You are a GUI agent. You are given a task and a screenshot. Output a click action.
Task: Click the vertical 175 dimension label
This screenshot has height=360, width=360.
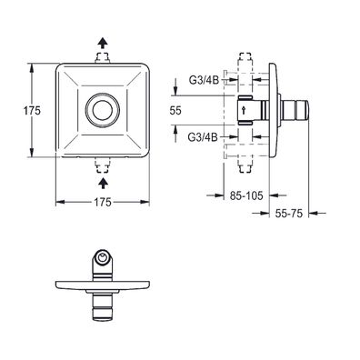pos(32,111)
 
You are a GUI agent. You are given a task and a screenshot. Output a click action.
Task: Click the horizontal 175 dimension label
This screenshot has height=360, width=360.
pos(102,202)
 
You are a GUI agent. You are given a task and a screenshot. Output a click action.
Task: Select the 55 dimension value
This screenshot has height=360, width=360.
pos(175,111)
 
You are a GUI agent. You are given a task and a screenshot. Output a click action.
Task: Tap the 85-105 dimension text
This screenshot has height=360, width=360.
pos(246,195)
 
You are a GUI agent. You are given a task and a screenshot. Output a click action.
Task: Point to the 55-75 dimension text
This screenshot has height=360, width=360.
pos(289,214)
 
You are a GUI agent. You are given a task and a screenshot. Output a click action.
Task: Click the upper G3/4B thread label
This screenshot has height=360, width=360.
pos(204,80)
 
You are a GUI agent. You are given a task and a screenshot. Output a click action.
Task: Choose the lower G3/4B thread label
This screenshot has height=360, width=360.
pos(203,137)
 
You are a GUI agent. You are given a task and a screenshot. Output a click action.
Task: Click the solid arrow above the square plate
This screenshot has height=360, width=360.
pos(103,43)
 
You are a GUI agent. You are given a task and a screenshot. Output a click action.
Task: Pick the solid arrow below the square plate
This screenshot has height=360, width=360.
pos(104,183)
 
